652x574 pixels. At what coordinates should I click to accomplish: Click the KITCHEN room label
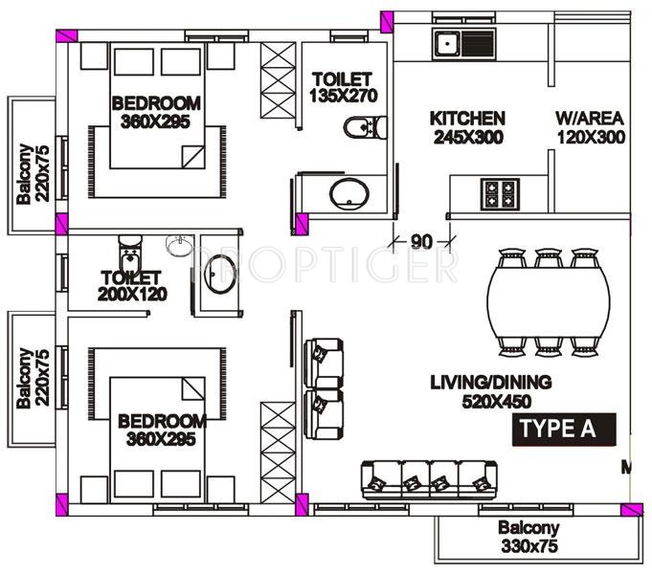tap(467, 127)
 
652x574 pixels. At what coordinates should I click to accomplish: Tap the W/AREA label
tap(590, 127)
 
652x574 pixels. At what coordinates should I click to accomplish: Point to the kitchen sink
tap(463, 42)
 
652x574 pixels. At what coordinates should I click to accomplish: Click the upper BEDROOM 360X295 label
tap(156, 112)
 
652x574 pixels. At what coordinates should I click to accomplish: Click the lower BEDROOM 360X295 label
tap(162, 430)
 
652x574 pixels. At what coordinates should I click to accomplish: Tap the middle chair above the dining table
tap(548, 259)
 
